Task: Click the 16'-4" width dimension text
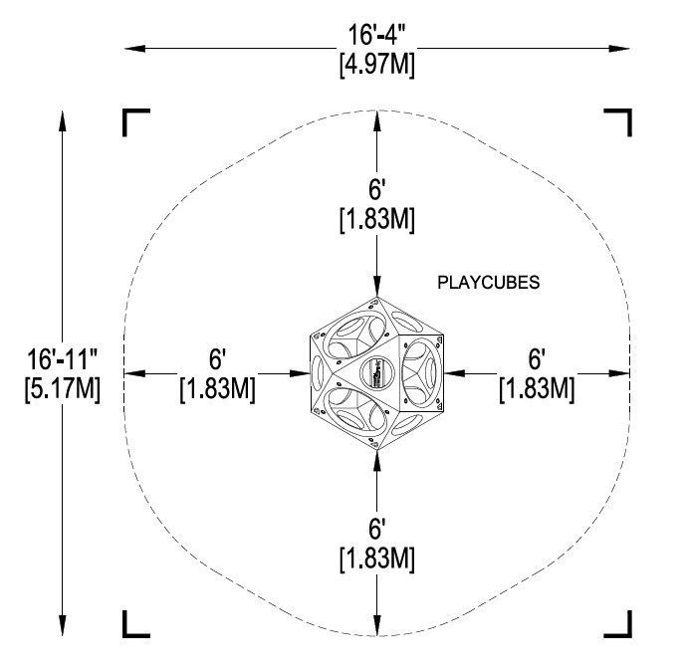tap(376, 34)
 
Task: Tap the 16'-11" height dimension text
tap(62, 358)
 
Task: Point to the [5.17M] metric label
tap(63, 389)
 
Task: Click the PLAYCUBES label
tap(489, 283)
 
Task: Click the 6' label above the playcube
tap(376, 189)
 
